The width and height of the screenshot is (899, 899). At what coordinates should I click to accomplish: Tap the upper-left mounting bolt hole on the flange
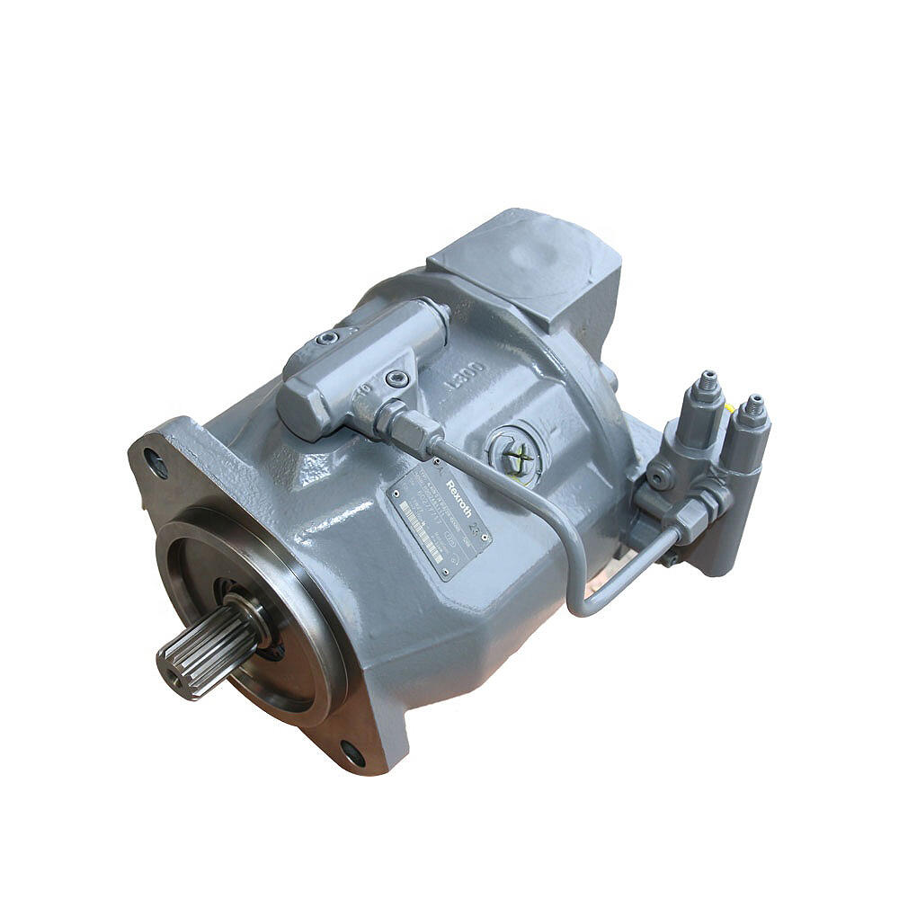click(156, 464)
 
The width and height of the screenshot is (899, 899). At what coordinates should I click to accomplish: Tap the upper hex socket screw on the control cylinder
click(328, 339)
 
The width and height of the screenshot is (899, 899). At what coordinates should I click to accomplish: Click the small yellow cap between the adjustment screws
click(730, 407)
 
